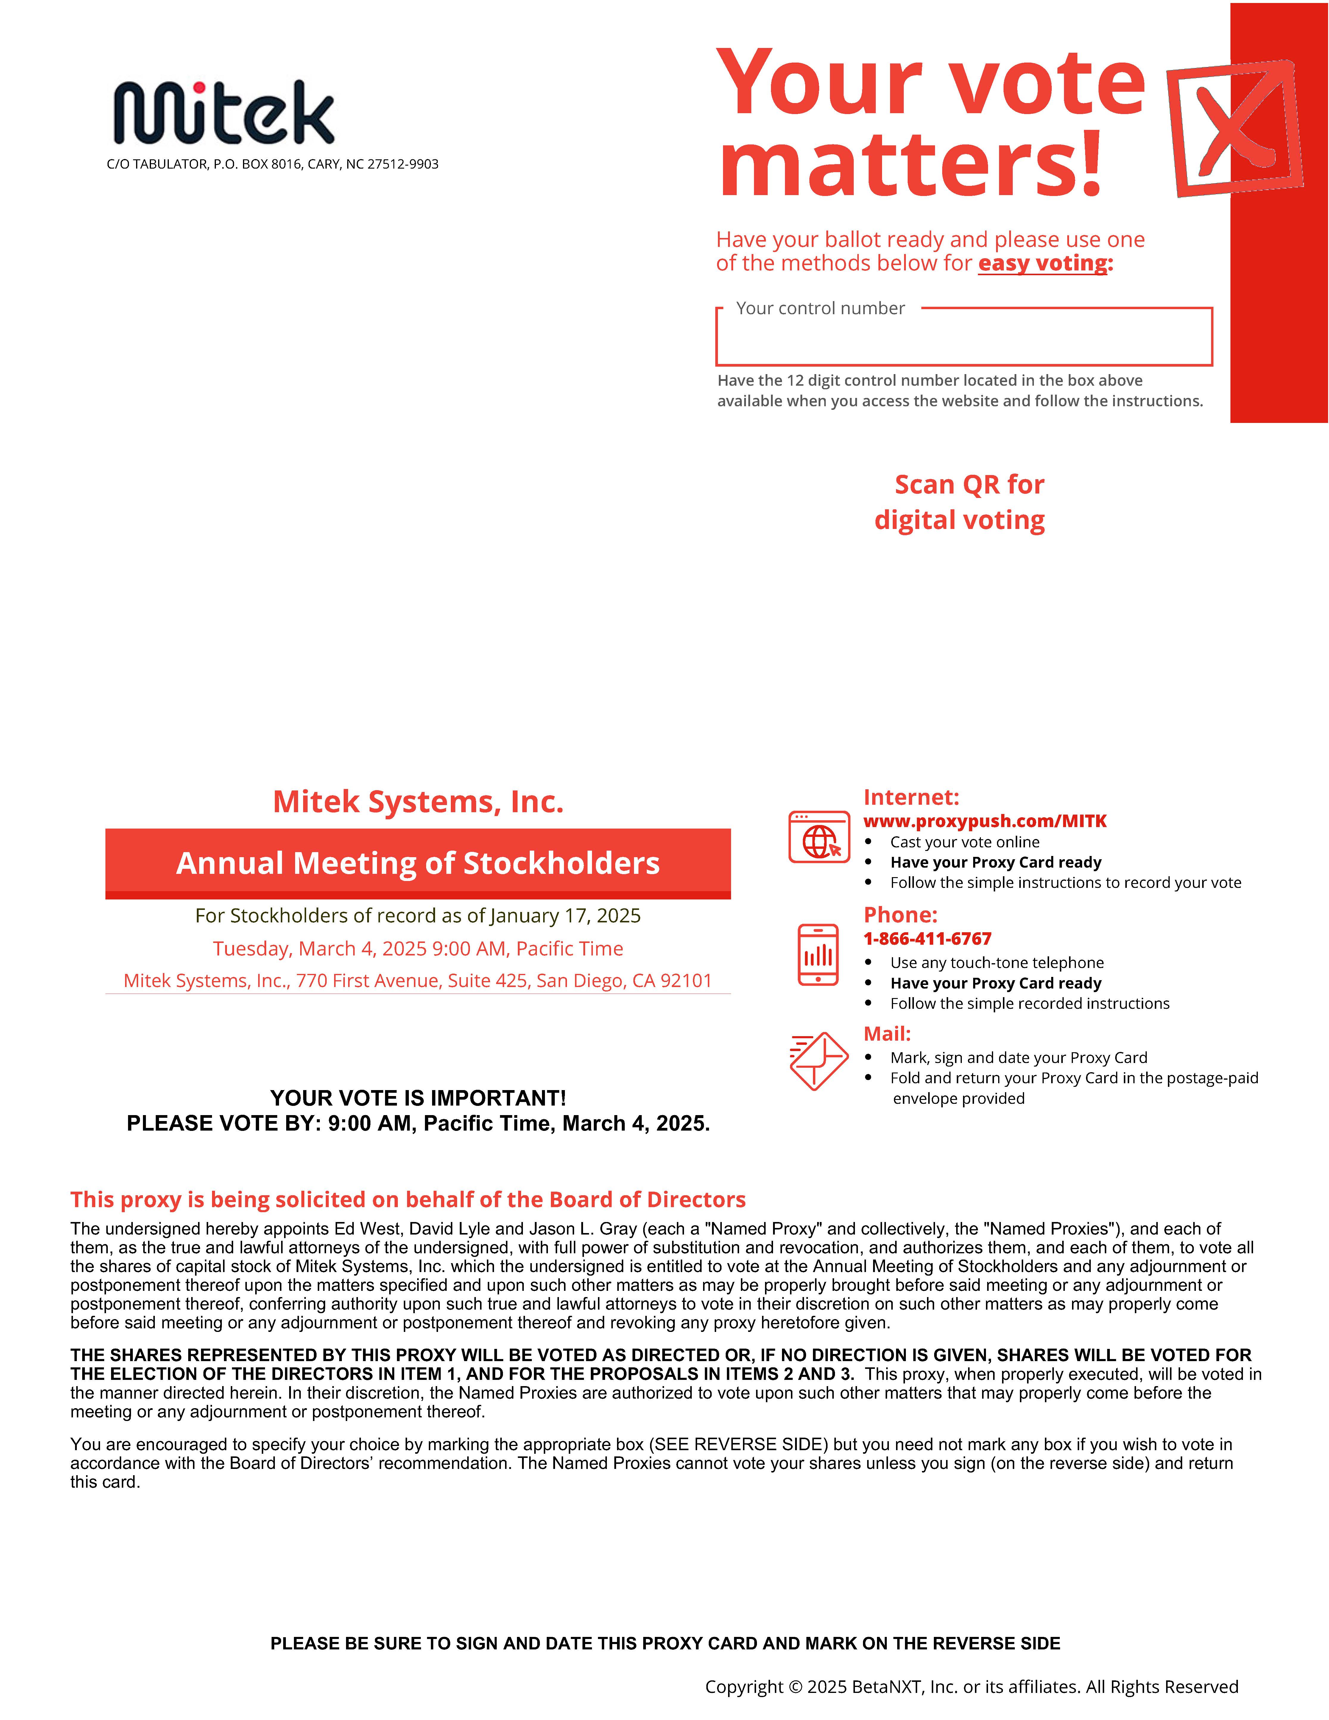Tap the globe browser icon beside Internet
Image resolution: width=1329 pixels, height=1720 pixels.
[819, 837]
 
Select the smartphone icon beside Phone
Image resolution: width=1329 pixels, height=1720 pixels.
[818, 955]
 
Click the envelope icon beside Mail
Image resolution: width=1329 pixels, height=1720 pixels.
[819, 1061]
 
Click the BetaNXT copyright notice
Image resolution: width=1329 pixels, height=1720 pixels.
[971, 1686]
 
